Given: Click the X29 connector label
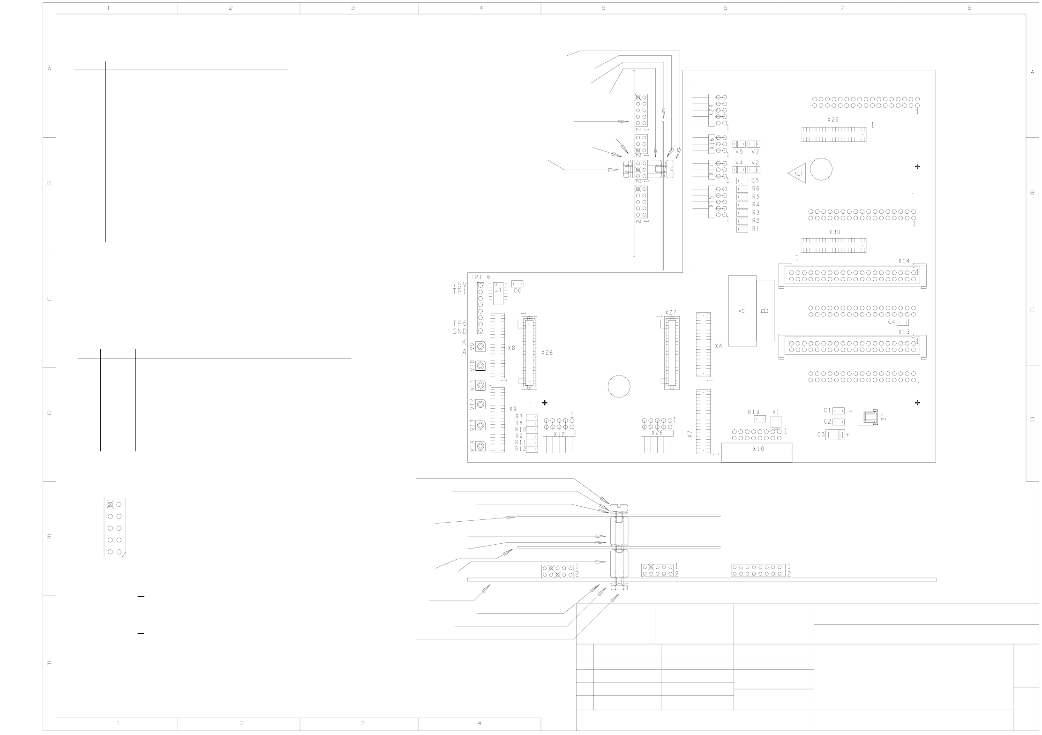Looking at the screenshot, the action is [x=833, y=120].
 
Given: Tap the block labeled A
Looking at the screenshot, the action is [x=742, y=310].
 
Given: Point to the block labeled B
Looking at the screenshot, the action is [x=765, y=310].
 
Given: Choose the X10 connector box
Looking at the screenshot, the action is [x=757, y=452].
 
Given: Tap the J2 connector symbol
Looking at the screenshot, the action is [x=868, y=417].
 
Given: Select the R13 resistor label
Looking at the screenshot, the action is [x=753, y=412].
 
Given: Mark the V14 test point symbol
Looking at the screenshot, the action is [x=480, y=446].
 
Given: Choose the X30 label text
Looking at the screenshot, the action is [x=834, y=232].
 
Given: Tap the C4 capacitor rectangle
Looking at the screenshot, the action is [x=903, y=322].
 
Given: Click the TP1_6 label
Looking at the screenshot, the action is [x=480, y=277].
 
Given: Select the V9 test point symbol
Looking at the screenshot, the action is [x=480, y=347].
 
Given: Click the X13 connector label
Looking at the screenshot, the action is [x=904, y=332].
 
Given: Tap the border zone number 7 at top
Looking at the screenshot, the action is [x=842, y=8].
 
